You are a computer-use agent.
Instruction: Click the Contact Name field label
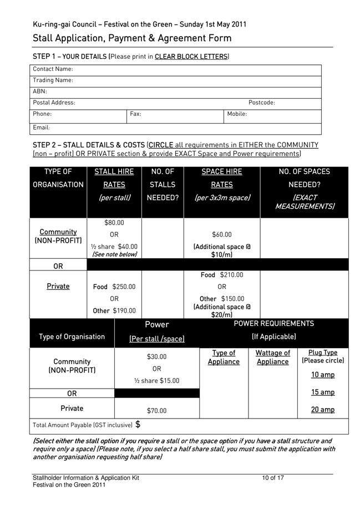pos(53,69)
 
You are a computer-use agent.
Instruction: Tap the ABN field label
pos(40,91)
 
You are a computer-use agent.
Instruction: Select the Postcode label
pos(261,103)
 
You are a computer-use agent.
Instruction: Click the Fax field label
pos(135,114)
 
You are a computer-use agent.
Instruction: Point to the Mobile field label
pos(237,114)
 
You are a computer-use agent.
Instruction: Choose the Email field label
pos(41,127)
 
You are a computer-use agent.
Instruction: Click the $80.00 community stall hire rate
pos(114,223)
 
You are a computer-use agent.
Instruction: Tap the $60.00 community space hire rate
pos(222,235)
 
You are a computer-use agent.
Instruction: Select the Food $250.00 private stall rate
pos(114,287)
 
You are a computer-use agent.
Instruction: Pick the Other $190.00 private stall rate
pos(114,311)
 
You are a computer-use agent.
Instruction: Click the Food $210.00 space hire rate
pos(222,275)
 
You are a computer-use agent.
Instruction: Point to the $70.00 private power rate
pos(156,411)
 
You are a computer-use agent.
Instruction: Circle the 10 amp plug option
pos(322,375)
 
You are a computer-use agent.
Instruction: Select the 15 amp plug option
pos(322,392)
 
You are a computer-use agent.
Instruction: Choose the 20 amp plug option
pos(322,410)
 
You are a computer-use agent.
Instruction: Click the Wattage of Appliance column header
pos(272,357)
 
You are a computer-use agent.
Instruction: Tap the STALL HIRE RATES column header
pos(114,178)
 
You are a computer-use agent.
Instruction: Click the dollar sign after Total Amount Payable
pos(138,425)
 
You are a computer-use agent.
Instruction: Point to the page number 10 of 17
pos(273,478)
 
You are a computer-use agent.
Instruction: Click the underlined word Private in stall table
pos(58,287)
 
